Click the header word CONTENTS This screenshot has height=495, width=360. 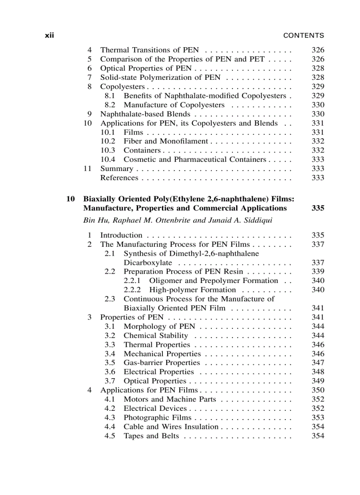(304, 36)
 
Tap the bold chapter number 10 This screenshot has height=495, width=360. (71, 199)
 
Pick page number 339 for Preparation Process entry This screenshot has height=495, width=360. (318, 272)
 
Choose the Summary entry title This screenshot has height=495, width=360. (116, 168)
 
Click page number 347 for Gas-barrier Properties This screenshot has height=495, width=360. (318, 363)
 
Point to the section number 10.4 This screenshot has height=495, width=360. (108, 160)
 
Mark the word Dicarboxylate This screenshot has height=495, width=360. (148, 263)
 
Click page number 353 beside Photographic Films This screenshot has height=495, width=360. (318, 417)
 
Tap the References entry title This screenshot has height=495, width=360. (119, 178)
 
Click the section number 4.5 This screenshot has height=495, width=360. (110, 436)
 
